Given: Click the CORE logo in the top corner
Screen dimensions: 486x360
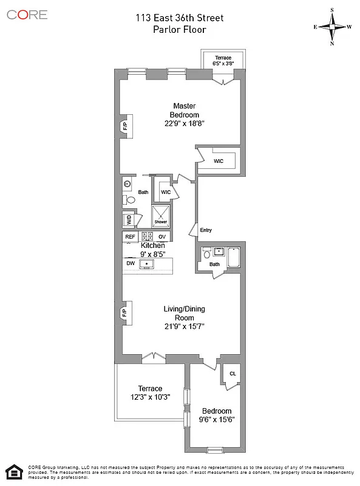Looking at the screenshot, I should point(27,15).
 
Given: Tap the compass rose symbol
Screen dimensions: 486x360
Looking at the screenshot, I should point(333,27).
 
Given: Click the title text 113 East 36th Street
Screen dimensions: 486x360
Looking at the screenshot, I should point(180,18).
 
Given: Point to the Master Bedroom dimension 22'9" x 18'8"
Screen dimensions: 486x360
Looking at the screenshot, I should point(185,123).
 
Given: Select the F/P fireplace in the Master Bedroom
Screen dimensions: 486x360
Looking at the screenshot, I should point(125,126).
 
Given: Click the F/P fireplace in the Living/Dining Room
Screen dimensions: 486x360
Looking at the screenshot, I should point(125,313).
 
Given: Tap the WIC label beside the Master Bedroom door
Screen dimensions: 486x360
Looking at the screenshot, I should point(219,161).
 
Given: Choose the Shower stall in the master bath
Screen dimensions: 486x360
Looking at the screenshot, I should point(160,215).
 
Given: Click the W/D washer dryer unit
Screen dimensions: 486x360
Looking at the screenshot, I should point(128,220).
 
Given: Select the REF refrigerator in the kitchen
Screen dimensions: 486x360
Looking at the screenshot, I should point(131,237).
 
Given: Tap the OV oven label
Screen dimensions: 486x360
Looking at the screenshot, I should point(161,237).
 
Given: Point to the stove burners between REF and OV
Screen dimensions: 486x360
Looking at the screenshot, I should point(146,237).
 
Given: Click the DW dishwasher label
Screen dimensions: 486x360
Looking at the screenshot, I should point(131,264).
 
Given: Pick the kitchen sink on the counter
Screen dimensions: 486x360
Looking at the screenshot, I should point(146,264).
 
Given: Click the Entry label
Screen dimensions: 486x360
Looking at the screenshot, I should point(206,230).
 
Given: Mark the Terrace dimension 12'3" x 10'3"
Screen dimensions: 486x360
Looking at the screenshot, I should point(150,397).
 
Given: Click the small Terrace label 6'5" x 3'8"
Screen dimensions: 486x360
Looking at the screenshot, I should point(224,60).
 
